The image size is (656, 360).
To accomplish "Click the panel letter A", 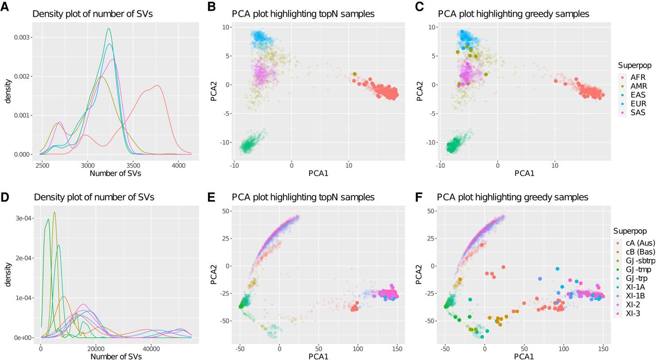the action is [x=5, y=7].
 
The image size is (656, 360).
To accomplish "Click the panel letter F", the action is [x=419, y=197].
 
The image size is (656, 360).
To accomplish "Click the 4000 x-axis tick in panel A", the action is [x=178, y=166].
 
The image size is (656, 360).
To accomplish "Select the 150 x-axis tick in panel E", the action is [x=397, y=349].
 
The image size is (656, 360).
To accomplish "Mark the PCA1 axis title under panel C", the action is [x=524, y=173].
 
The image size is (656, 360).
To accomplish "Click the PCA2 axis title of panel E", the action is [x=214, y=274].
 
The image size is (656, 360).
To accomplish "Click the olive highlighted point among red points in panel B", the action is [x=355, y=74].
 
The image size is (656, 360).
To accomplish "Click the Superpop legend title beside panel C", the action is [x=634, y=65].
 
